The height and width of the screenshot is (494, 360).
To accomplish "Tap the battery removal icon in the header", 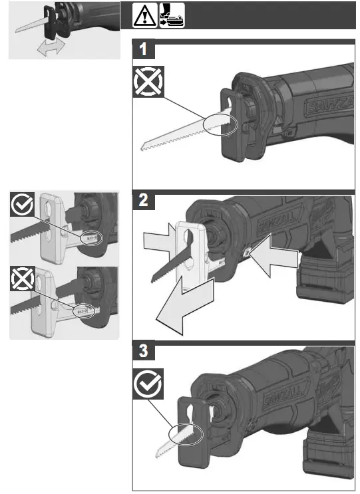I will (171, 15).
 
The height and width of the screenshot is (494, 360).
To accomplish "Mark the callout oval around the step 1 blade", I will (222, 123).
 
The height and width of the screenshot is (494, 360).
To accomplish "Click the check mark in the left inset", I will (23, 206).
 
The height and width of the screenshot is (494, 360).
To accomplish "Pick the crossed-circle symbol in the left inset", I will (23, 281).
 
